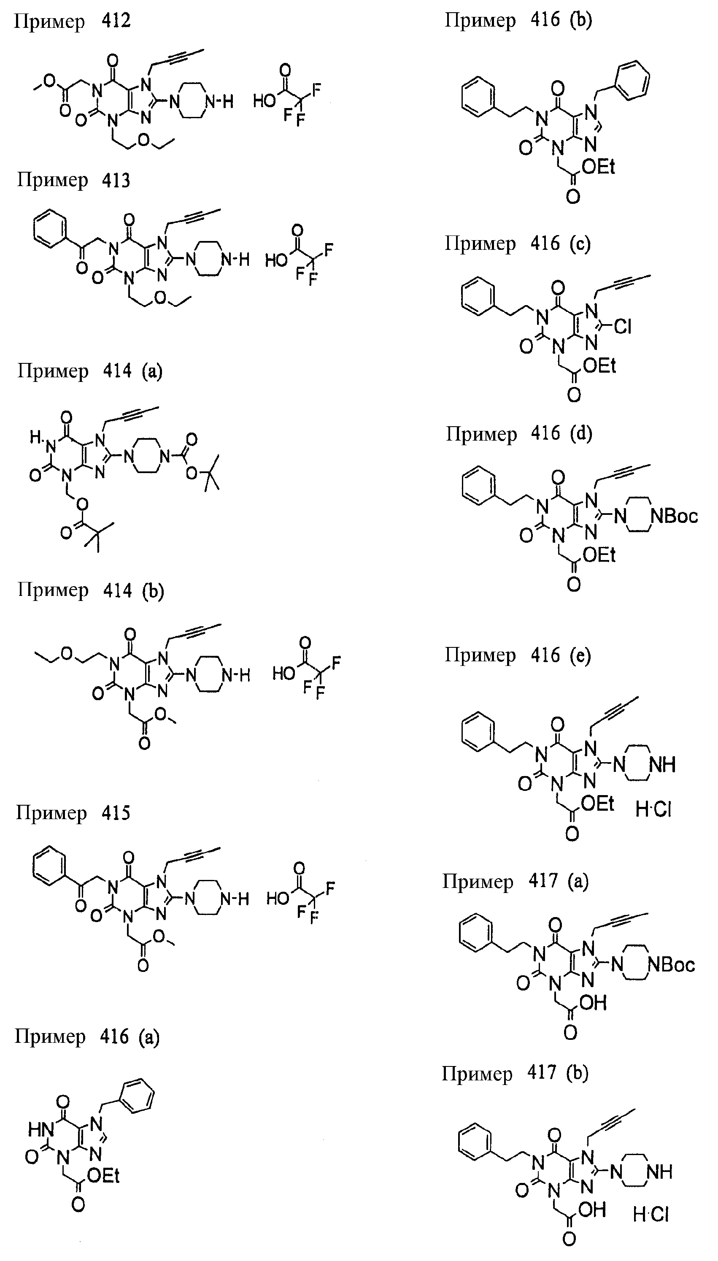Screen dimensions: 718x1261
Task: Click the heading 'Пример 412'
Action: (x=73, y=22)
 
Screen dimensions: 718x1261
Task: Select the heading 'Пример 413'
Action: (x=74, y=181)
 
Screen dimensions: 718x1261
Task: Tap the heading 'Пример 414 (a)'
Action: (x=90, y=371)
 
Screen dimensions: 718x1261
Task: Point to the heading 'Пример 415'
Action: (x=73, y=813)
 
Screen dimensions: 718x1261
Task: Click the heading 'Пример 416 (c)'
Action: (x=518, y=244)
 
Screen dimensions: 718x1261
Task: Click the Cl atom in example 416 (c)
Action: (x=623, y=327)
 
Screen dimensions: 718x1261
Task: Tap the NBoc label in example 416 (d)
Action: (x=674, y=516)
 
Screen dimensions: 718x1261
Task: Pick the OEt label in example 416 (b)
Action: (x=598, y=167)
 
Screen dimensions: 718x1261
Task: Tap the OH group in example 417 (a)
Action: (x=593, y=1003)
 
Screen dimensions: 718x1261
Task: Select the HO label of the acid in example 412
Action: (x=265, y=102)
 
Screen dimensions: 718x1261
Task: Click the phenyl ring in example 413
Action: (x=50, y=228)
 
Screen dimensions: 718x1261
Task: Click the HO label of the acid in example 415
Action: (x=278, y=898)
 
